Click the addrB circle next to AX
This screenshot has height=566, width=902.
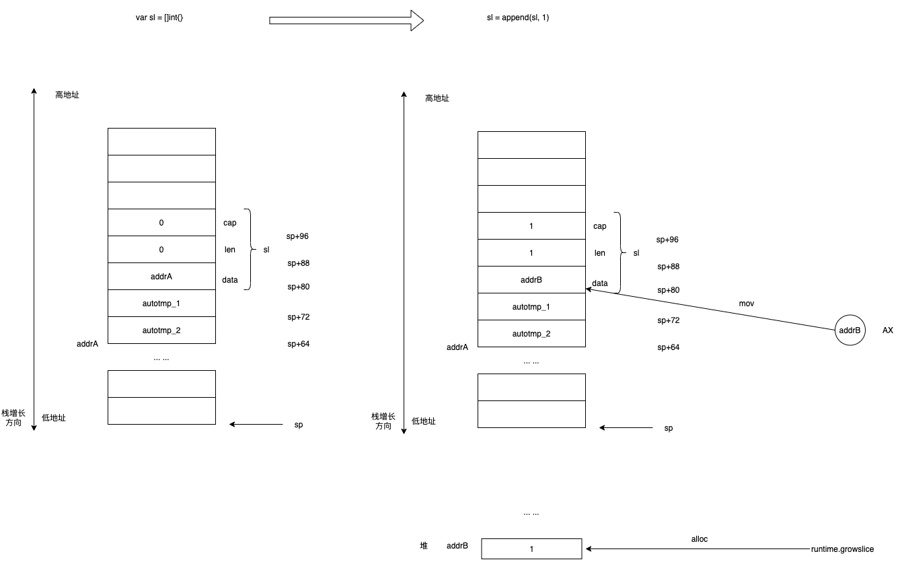pyautogui.click(x=849, y=330)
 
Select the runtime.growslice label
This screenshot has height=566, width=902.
pyautogui.click(x=842, y=549)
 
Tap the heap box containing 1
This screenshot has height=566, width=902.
pyautogui.click(x=531, y=549)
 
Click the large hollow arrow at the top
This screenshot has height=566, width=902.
pyautogui.click(x=346, y=20)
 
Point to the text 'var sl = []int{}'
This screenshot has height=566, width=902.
pyautogui.click(x=159, y=17)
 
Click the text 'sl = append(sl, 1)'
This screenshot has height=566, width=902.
pyautogui.click(x=518, y=17)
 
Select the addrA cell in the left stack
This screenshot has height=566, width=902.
pyautogui.click(x=161, y=277)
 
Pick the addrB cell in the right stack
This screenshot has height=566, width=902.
pyautogui.click(x=531, y=280)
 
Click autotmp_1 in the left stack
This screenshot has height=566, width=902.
pyautogui.click(x=161, y=304)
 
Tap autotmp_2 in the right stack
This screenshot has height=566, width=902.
pyautogui.click(x=531, y=334)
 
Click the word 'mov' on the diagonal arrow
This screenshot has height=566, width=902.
pyautogui.click(x=747, y=304)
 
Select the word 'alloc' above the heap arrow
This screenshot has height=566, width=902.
pyautogui.click(x=700, y=539)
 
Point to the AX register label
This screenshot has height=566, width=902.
pyautogui.click(x=888, y=330)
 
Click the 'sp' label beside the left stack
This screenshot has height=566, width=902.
pyautogui.click(x=299, y=425)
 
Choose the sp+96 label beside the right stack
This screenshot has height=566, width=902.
pyautogui.click(x=668, y=240)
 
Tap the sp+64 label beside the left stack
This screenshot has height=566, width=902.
pyautogui.click(x=298, y=344)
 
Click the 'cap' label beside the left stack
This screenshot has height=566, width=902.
pyautogui.click(x=230, y=223)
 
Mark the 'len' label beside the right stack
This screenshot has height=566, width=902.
pyautogui.click(x=600, y=253)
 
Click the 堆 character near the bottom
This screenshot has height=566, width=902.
pyautogui.click(x=424, y=546)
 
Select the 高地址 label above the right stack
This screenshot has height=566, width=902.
pyautogui.click(x=437, y=98)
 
